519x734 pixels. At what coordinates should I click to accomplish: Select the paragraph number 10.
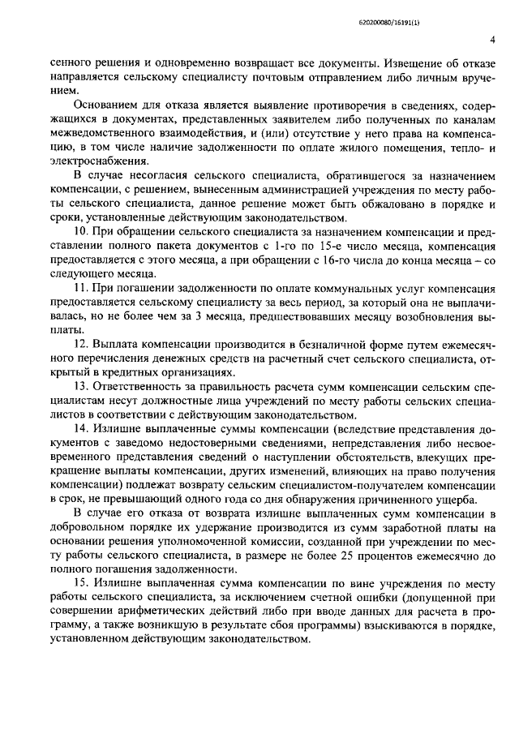pyautogui.click(x=80, y=231)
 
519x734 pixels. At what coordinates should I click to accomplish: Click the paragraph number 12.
pyautogui.click(x=80, y=346)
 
